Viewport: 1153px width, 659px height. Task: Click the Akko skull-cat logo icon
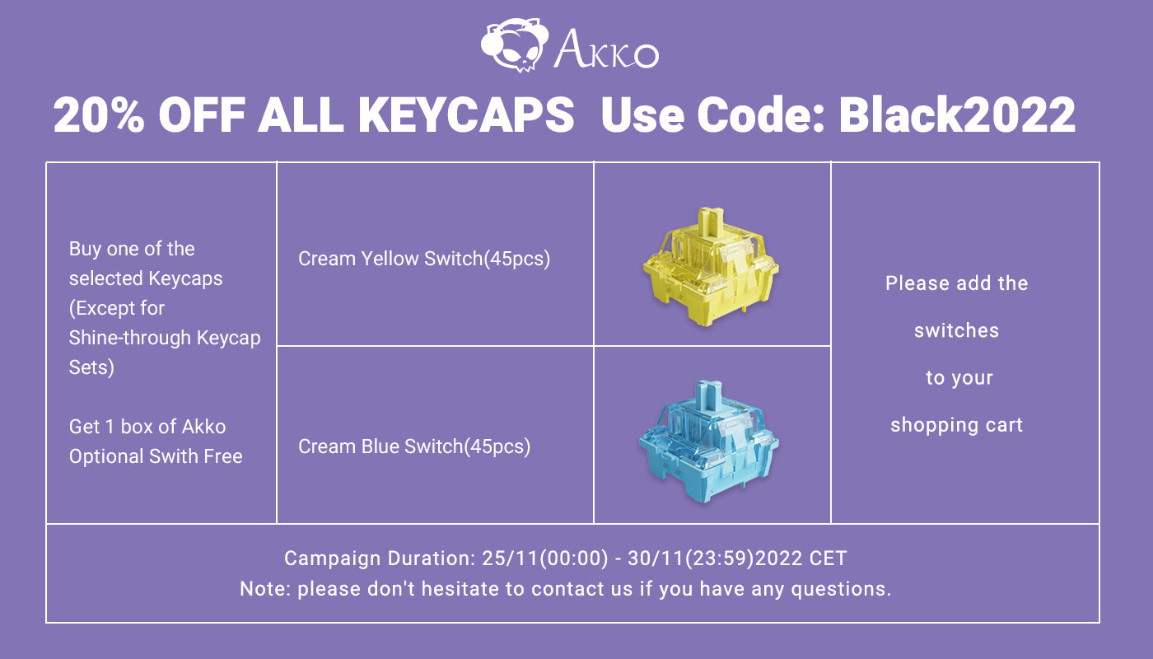[515, 45]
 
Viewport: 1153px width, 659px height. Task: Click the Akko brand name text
[606, 50]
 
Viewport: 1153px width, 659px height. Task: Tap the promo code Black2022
[957, 115]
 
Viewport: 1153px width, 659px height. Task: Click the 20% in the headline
[99, 115]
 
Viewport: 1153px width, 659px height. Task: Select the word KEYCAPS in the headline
[466, 115]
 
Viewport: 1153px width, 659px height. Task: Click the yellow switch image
[711, 267]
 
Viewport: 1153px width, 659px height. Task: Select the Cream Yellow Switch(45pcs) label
[424, 259]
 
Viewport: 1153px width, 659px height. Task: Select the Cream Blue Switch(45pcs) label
[414, 446]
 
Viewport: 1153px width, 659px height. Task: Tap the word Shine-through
[130, 339]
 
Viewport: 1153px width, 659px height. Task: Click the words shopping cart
[957, 425]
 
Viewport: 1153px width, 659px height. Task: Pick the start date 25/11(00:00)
[545, 559]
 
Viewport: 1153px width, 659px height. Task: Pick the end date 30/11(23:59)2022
[715, 559]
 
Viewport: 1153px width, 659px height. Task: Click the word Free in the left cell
[223, 456]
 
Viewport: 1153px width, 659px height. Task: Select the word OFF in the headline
[202, 115]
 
